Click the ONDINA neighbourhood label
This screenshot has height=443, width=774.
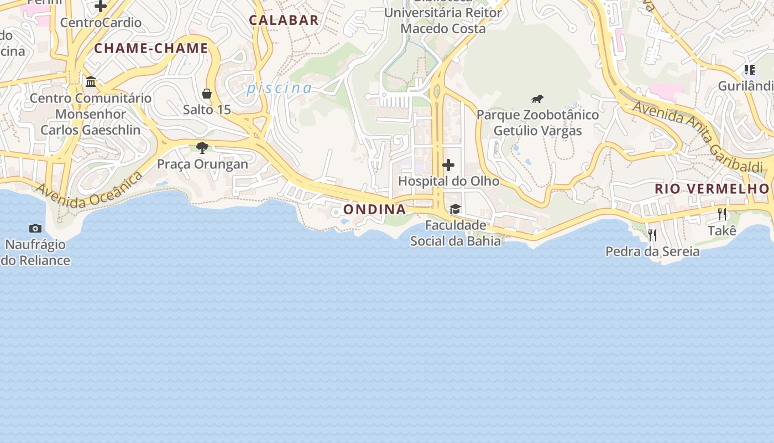tap(374, 209)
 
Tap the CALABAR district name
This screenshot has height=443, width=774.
tap(284, 20)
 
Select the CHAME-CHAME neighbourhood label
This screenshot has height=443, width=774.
tap(151, 48)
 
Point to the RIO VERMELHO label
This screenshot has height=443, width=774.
tap(712, 188)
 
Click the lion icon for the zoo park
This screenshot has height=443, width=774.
tap(537, 99)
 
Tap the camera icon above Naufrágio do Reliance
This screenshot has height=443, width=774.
tap(35, 228)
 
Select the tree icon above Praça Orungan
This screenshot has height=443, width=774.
tap(202, 148)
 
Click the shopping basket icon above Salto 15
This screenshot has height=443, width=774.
tap(207, 94)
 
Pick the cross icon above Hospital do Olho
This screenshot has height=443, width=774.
tap(448, 165)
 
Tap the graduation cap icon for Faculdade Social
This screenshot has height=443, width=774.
tap(455, 209)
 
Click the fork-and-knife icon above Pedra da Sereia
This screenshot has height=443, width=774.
tap(652, 235)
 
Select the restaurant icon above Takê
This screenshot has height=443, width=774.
tap(722, 214)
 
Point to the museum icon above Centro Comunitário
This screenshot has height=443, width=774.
tap(91, 82)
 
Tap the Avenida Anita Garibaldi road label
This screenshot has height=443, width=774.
tap(698, 136)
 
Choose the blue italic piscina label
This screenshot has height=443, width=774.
tap(279, 88)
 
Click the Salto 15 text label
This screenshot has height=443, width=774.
tap(207, 110)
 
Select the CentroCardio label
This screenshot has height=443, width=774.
tap(101, 23)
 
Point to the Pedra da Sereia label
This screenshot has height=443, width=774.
tap(652, 251)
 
